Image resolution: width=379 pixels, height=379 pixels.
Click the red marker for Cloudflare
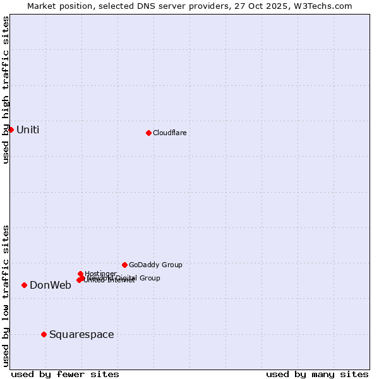(x=148, y=133)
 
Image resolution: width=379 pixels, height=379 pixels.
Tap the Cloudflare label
(x=169, y=133)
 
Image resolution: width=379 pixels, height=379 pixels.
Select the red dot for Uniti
(x=11, y=129)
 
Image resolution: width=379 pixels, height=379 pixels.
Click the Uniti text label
(x=28, y=130)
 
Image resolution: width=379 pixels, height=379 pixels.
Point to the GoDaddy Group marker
(x=124, y=265)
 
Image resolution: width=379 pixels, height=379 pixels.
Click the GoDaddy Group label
(x=155, y=265)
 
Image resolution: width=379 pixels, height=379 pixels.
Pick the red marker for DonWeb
(x=24, y=285)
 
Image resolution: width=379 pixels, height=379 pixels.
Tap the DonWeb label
(x=51, y=286)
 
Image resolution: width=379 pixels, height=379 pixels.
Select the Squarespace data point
(x=44, y=334)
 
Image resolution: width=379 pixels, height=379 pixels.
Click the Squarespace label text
(x=81, y=335)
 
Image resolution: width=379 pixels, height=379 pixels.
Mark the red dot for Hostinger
(x=80, y=274)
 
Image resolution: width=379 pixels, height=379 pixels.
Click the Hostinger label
(x=100, y=274)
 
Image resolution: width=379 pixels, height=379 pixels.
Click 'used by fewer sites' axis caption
(x=65, y=374)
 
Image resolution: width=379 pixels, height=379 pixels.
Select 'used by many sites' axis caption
(x=317, y=374)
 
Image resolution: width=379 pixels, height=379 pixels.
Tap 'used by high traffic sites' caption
(x=6, y=90)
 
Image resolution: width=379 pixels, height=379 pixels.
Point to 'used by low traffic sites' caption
(x=6, y=296)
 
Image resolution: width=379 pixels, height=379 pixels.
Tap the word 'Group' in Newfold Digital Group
(x=149, y=278)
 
